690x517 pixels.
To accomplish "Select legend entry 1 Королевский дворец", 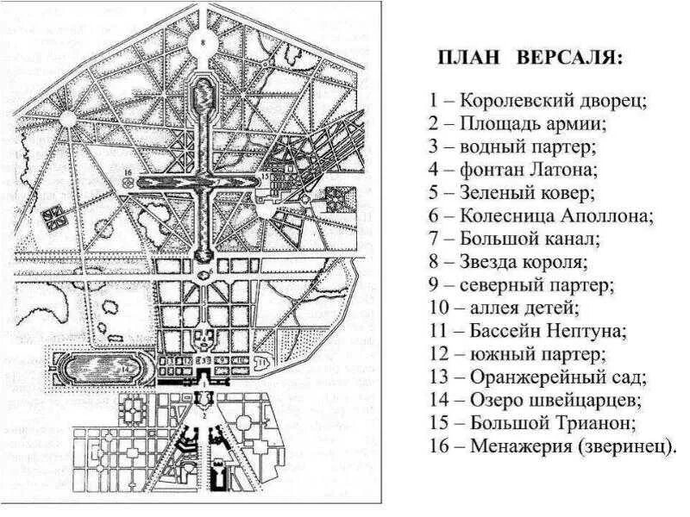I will [x=538, y=100].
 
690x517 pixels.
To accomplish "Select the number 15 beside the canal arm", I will [x=264, y=176].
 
